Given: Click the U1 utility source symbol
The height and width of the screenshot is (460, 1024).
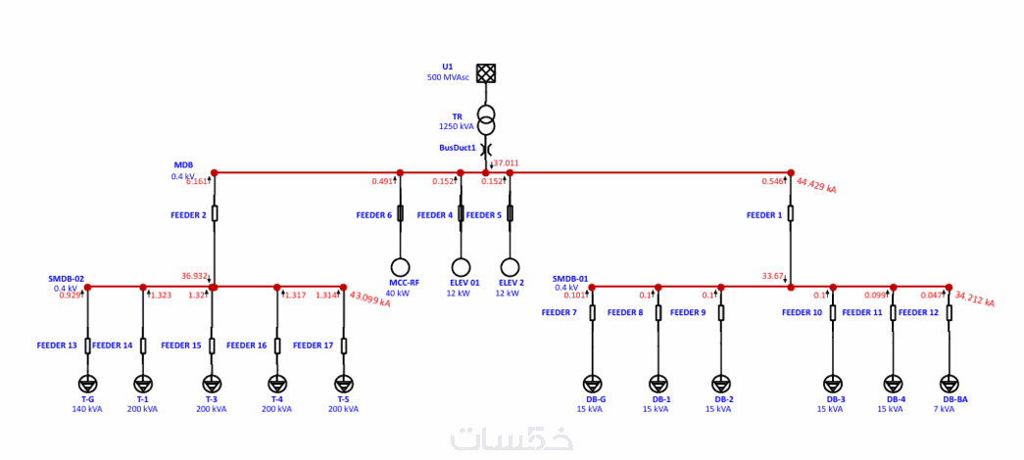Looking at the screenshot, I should [486, 72].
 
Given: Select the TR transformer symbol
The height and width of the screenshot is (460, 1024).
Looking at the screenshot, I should [486, 119].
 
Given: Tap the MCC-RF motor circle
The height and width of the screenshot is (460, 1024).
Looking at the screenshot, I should [400, 267].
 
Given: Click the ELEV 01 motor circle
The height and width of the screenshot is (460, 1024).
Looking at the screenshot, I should [461, 267].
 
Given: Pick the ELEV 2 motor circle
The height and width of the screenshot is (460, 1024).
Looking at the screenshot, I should [510, 267].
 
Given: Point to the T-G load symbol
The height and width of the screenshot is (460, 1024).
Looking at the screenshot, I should [87, 384].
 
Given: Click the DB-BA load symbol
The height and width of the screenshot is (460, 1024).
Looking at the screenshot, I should [949, 384].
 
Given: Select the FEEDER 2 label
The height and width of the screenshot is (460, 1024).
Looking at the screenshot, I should [188, 214].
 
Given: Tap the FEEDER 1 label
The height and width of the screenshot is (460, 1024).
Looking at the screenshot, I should [764, 214].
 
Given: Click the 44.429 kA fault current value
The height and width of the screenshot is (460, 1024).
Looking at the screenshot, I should [816, 185].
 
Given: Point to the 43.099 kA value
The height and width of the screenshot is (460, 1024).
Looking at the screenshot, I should [369, 299].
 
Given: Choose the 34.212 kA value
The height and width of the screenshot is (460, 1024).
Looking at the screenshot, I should [974, 298].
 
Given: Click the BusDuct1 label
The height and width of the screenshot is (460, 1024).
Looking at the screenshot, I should [458, 148].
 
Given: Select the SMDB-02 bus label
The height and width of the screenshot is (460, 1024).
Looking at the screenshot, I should [67, 279].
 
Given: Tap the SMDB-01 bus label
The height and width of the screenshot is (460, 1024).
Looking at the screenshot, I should [570, 279].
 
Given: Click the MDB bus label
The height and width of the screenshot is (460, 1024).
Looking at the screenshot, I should [183, 165].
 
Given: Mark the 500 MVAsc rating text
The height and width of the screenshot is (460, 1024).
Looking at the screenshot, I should [448, 77].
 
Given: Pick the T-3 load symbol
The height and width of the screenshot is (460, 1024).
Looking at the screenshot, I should [212, 384].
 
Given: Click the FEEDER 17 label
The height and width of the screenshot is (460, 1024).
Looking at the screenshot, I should [314, 345].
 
